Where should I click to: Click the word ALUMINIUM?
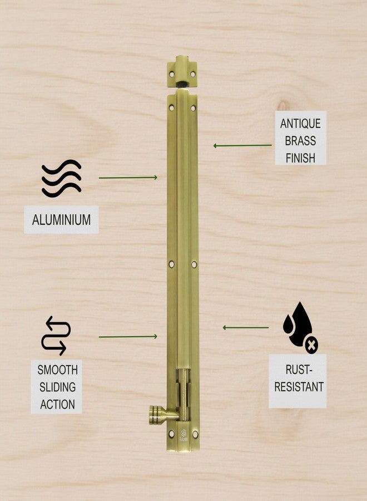point(61,219)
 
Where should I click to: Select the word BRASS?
point(300,141)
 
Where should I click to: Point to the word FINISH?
point(300,158)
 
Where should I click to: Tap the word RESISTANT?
point(299,387)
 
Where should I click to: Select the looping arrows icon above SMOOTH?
point(56,336)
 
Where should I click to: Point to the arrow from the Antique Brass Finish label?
point(242,146)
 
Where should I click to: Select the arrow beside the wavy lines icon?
point(128,178)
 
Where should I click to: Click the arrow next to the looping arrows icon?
point(128,337)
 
